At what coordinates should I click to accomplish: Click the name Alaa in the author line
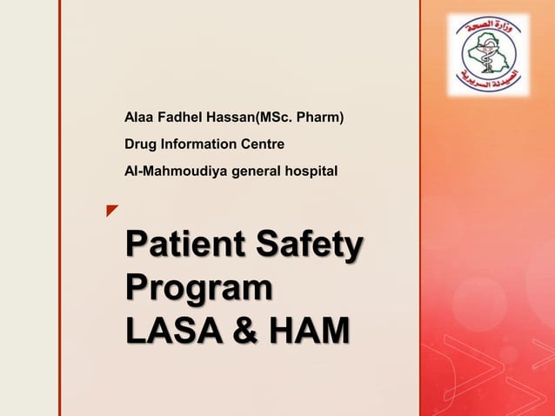(x=139, y=114)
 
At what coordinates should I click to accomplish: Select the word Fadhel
(x=179, y=114)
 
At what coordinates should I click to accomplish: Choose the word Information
(x=196, y=143)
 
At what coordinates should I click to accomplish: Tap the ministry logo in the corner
(x=488, y=54)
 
